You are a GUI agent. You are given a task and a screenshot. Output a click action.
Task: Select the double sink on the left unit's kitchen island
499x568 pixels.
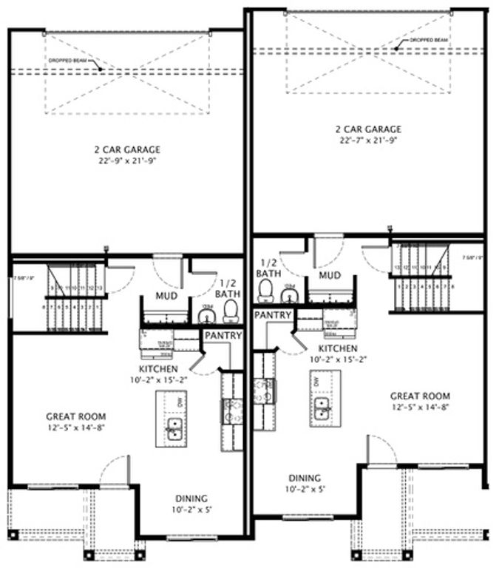click(174, 428)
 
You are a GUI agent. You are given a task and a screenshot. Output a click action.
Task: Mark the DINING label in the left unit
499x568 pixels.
click(191, 498)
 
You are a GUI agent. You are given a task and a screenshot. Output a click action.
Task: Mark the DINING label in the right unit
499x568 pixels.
click(305, 478)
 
